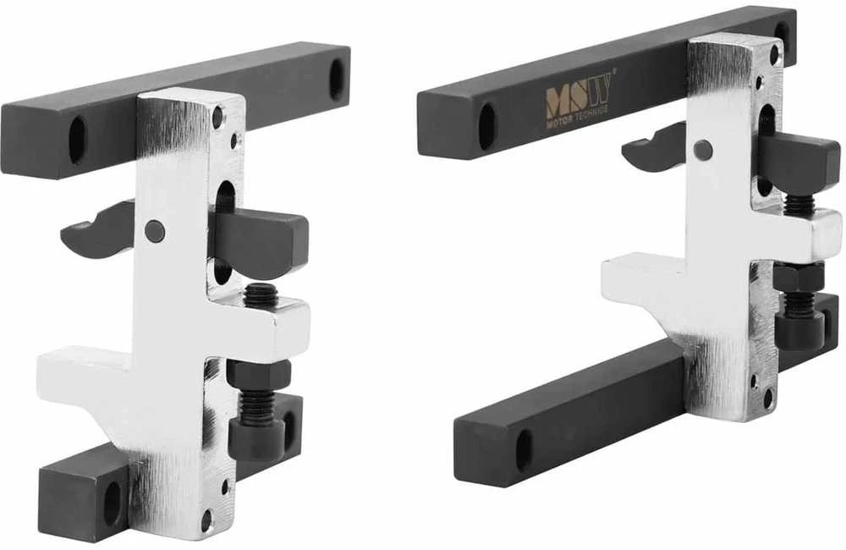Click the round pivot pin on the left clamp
[x=156, y=231]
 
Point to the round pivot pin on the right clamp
[x=703, y=147]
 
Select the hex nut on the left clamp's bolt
[x=258, y=373]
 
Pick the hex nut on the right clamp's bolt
[x=798, y=277]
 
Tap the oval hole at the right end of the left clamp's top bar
[x=337, y=79]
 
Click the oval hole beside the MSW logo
[x=486, y=126]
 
